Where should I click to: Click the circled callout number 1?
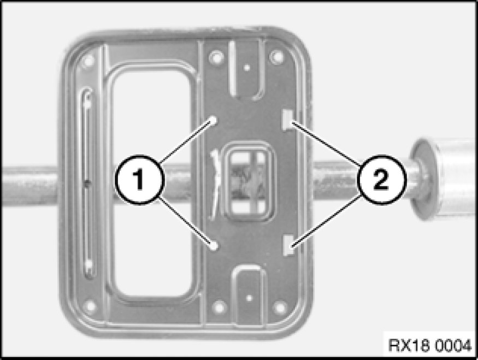click(x=140, y=180)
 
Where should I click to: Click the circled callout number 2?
click(x=381, y=180)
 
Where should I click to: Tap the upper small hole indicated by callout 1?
click(x=214, y=120)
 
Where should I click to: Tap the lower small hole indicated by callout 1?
click(x=214, y=245)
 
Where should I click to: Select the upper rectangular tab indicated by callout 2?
click(x=288, y=120)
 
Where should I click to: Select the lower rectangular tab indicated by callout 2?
click(x=288, y=245)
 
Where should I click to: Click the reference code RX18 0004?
click(x=430, y=346)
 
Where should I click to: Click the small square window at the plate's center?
click(x=248, y=182)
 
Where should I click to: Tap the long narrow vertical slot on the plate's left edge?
click(x=87, y=183)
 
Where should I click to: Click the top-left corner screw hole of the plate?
click(x=88, y=61)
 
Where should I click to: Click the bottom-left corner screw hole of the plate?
click(x=90, y=305)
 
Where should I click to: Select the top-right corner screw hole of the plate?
click(x=277, y=57)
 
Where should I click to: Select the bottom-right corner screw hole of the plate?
click(x=280, y=307)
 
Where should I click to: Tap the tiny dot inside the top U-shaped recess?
click(x=247, y=68)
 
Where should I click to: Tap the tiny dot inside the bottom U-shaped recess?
click(x=249, y=298)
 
